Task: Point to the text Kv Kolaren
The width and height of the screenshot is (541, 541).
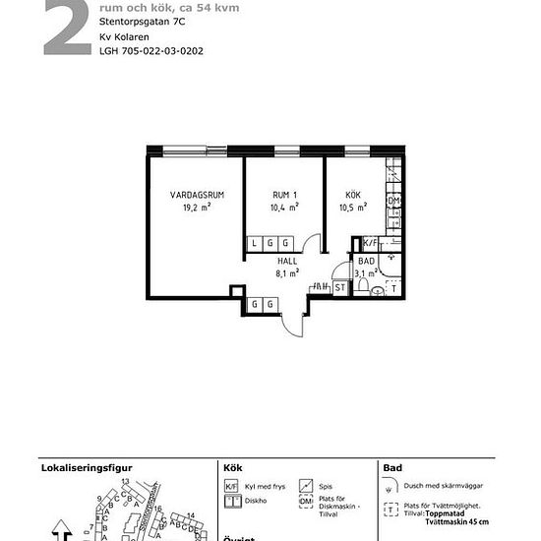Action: click(122, 36)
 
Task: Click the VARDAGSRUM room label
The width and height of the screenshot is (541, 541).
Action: click(197, 196)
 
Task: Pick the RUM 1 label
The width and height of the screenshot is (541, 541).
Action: click(284, 196)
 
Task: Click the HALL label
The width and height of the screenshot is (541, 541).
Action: click(287, 262)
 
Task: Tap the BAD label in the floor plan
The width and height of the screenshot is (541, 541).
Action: click(366, 262)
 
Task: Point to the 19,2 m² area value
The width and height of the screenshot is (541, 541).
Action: click(197, 209)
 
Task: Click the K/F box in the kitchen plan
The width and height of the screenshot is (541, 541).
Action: click(371, 242)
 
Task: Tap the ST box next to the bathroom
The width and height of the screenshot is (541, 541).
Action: click(339, 287)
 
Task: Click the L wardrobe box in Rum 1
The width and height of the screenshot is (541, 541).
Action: click(254, 243)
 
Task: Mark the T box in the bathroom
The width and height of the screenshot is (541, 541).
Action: click(394, 288)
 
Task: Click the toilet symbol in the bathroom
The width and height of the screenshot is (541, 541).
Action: click(364, 286)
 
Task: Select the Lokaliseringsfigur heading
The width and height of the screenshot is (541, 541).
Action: click(86, 468)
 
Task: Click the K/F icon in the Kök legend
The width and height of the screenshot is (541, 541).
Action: click(232, 486)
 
